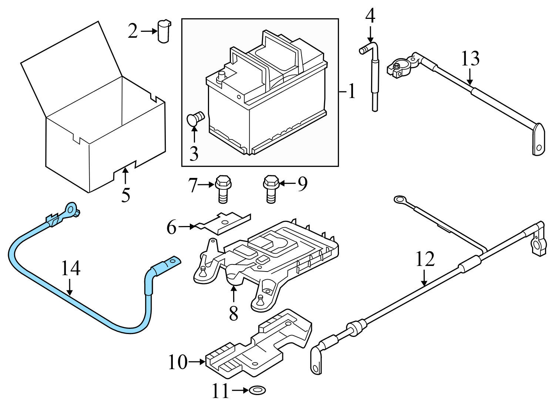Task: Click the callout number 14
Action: click(x=70, y=269)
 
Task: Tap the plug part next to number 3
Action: click(x=195, y=118)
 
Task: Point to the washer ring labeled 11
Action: click(x=258, y=390)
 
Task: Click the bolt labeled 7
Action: click(x=221, y=189)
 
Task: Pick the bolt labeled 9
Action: click(x=270, y=189)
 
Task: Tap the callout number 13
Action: click(x=470, y=58)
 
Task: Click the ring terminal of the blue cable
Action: click(x=71, y=210)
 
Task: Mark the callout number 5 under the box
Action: click(x=126, y=195)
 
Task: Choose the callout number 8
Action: click(x=233, y=314)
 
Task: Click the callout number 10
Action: click(x=178, y=362)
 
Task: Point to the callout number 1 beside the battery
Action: click(x=351, y=91)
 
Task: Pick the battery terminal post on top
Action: click(x=221, y=77)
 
